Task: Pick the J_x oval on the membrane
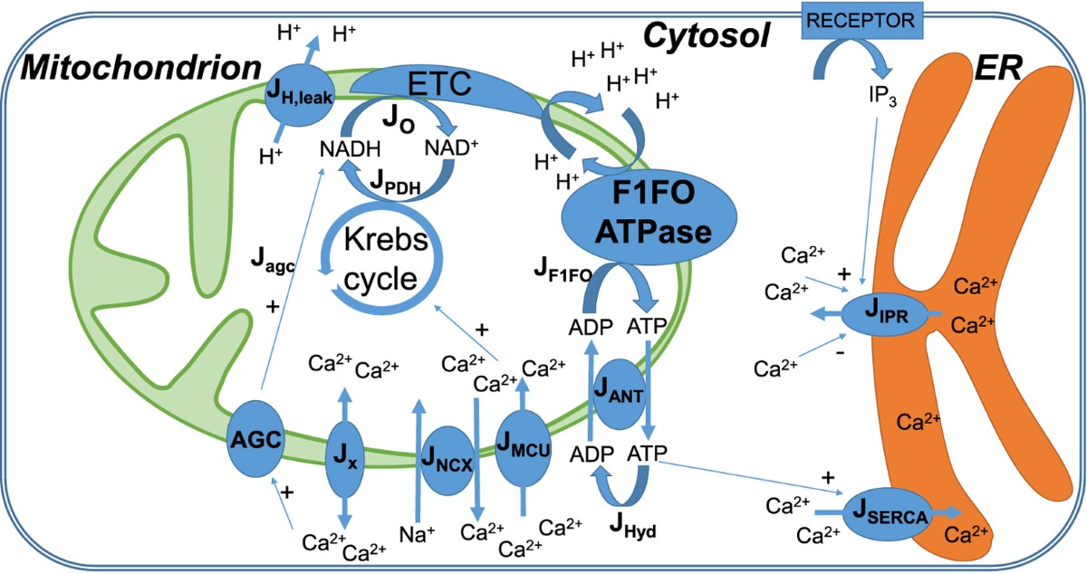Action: [345, 456]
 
